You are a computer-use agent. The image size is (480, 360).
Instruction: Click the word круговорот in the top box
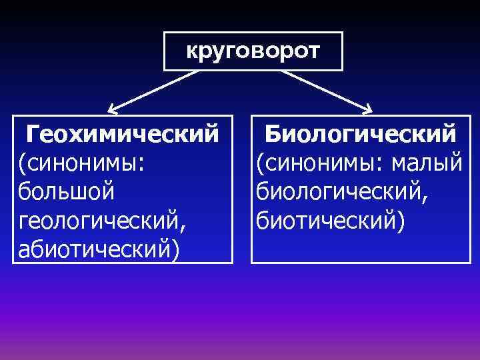pos(253,51)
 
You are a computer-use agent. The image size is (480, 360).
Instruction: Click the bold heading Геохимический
pos(123,133)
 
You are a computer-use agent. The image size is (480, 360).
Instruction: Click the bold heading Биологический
pos(360,133)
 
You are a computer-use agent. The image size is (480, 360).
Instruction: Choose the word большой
pos(67,191)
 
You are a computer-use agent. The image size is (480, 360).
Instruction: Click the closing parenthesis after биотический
pos(399,221)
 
